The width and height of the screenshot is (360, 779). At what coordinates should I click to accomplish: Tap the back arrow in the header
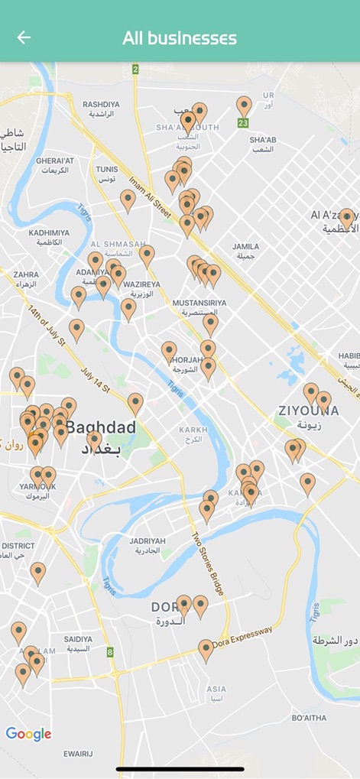click(x=24, y=37)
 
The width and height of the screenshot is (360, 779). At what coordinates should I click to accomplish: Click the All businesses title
click(x=180, y=38)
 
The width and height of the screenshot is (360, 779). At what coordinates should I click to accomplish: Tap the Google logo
click(x=28, y=735)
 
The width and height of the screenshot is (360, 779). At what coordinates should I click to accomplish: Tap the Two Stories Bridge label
click(x=208, y=563)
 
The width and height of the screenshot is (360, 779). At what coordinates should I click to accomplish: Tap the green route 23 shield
click(x=243, y=122)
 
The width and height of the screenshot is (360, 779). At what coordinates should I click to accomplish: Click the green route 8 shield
click(x=110, y=652)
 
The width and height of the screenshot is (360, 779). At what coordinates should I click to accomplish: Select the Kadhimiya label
click(x=49, y=237)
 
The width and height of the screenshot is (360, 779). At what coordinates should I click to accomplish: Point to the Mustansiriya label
click(x=199, y=307)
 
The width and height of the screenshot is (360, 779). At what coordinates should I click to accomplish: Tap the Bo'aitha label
click(x=309, y=718)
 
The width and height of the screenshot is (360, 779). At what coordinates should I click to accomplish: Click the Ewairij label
click(x=78, y=753)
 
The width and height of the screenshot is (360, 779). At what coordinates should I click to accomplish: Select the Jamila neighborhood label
click(x=245, y=251)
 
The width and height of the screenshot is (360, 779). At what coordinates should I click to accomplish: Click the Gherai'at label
click(x=54, y=165)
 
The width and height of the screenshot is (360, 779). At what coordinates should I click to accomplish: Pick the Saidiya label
click(x=78, y=643)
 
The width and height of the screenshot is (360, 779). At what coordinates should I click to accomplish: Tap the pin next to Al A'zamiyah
click(x=346, y=217)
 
